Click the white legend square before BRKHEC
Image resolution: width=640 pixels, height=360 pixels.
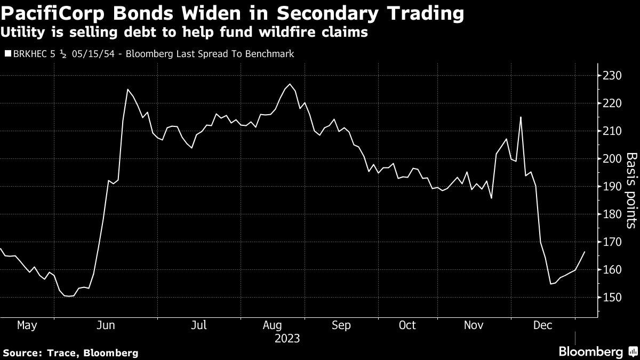(6, 54)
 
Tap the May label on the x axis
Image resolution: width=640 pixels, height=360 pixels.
(27, 325)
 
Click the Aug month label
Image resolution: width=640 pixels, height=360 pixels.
(272, 325)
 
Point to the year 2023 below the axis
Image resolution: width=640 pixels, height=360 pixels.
(287, 339)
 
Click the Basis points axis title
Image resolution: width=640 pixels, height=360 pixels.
(631, 190)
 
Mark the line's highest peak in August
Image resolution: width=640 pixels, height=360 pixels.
(289, 84)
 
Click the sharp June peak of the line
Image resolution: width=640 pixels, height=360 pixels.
(127, 89)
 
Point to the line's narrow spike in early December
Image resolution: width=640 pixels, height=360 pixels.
(521, 117)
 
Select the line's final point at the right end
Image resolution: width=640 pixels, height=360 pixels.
(585, 252)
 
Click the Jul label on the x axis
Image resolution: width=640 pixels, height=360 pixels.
(199, 325)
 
